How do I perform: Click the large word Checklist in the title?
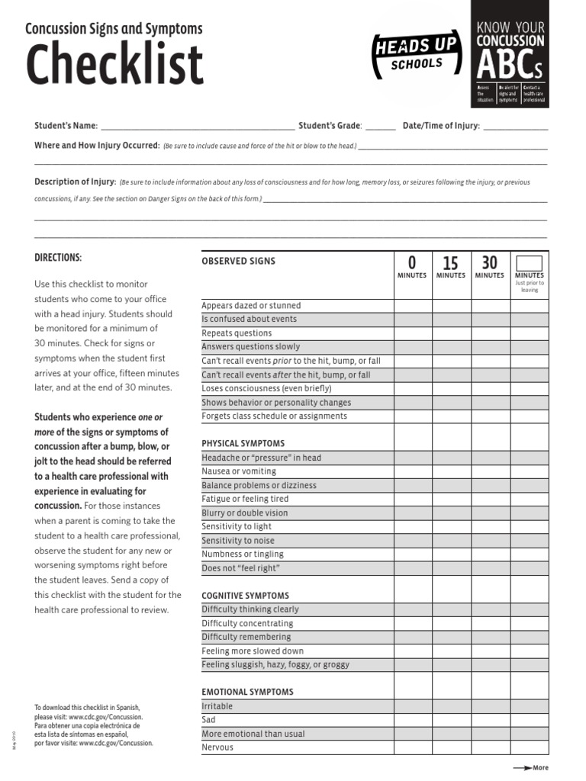pos(115,65)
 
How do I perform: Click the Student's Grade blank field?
pos(381,127)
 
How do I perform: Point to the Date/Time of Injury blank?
pos(515,127)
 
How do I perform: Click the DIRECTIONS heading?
pos(58,258)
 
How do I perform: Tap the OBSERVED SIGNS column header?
pos(238,262)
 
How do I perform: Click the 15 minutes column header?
pos(451,267)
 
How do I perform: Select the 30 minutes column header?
pos(489,266)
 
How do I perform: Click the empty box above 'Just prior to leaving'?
pos(529,262)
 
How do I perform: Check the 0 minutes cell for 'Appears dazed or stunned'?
pos(412,306)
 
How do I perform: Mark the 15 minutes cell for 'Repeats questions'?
pos(451,333)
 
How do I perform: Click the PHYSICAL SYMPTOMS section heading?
pos(243,443)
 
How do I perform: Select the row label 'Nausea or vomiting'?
pos(238,471)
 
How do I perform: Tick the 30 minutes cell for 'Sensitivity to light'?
pos(489,526)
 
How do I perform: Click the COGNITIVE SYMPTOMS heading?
pos(245,595)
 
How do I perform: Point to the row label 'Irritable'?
pos(217,706)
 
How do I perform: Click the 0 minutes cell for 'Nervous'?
pos(412,747)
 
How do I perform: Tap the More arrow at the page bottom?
pos(530,768)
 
